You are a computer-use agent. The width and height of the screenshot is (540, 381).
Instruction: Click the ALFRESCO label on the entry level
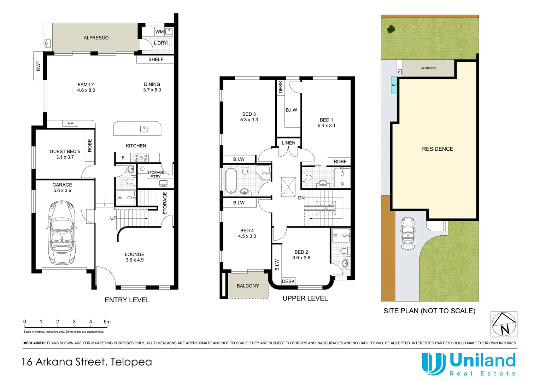(x=96, y=38)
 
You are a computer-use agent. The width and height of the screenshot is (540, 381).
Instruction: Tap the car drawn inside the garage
(x=62, y=232)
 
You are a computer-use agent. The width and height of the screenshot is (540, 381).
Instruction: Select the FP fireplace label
(x=70, y=123)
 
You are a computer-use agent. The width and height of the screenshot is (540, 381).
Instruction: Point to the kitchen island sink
(x=144, y=129)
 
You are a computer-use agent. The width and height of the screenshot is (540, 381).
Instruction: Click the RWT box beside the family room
(x=38, y=66)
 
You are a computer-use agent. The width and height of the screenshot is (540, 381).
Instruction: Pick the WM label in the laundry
(x=159, y=32)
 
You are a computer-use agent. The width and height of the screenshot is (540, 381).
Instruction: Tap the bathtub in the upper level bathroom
(x=231, y=181)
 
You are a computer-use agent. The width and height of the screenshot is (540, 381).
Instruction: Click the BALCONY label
(x=248, y=286)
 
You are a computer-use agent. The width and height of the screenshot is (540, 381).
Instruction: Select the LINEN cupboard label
(x=288, y=143)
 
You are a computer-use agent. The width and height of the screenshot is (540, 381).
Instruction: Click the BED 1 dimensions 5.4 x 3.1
(x=326, y=126)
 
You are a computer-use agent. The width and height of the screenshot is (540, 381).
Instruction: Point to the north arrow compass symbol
(x=504, y=324)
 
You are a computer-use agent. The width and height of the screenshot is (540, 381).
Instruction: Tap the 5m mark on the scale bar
(x=107, y=322)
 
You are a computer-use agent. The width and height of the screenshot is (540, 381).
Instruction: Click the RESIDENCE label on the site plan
(x=438, y=149)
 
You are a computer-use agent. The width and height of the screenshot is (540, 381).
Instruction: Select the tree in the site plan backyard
(x=391, y=29)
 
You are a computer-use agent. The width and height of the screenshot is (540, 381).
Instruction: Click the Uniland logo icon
(x=433, y=363)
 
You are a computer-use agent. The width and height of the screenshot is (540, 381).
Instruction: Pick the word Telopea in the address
(x=131, y=362)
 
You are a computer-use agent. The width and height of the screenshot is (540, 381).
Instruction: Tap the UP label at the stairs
(x=113, y=218)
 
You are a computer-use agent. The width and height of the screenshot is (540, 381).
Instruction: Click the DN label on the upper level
(x=301, y=198)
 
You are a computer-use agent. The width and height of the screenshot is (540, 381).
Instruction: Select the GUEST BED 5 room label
(x=65, y=151)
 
